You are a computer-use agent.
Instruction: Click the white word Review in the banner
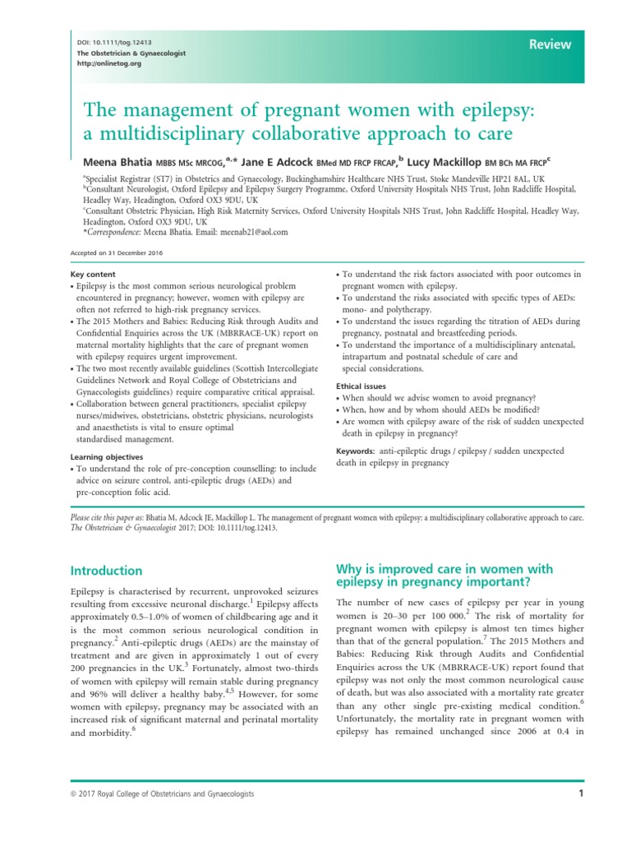[550, 45]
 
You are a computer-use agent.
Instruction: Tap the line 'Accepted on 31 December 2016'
[105, 253]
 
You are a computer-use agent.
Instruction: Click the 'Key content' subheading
[93, 274]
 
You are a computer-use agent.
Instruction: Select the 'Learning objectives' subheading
[107, 456]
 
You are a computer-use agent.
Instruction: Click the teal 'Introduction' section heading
[106, 571]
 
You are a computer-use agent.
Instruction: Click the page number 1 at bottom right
[580, 793]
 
